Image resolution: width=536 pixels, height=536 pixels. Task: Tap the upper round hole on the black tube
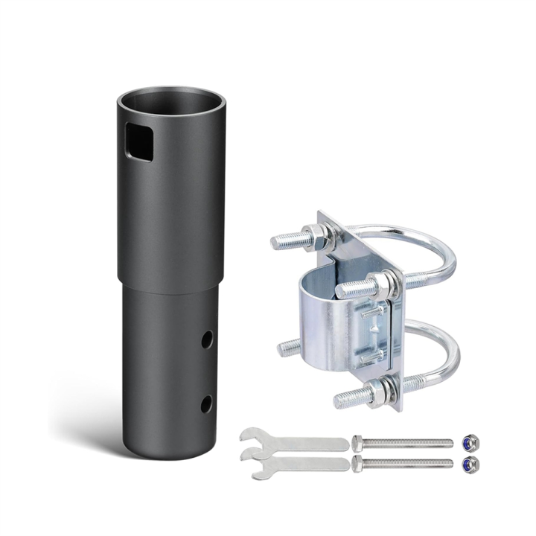point(206,339)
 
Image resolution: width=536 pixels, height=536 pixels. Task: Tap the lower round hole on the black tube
point(206,403)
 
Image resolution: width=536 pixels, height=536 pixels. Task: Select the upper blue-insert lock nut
point(469,442)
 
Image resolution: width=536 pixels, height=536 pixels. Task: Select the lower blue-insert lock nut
point(469,465)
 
